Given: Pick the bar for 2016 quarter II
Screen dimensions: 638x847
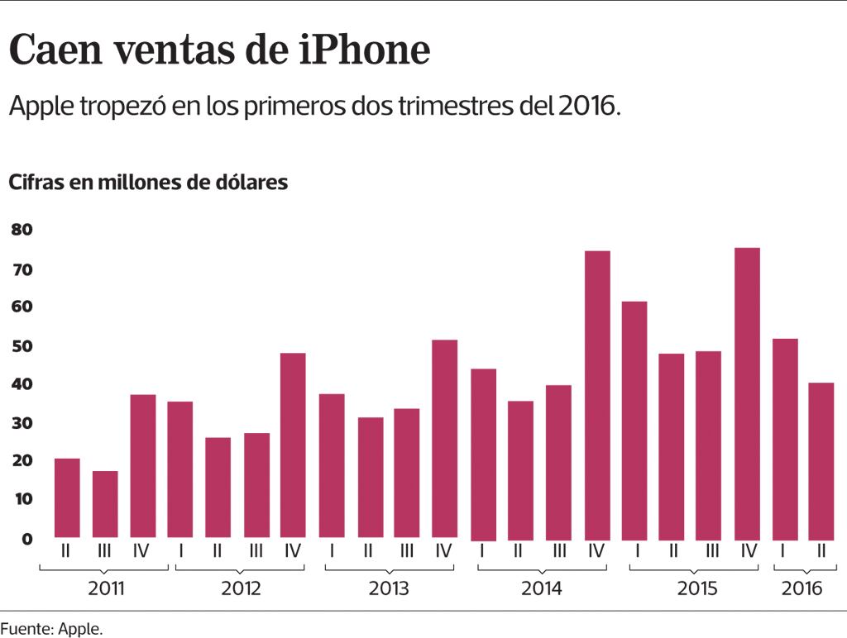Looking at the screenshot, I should point(821,460).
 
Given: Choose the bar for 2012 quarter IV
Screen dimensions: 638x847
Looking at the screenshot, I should point(293,445).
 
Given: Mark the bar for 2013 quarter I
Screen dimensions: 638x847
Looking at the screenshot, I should point(332,465).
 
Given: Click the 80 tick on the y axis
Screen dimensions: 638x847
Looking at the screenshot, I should point(22,230).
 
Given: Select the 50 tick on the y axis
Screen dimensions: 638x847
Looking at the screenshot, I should point(22,345).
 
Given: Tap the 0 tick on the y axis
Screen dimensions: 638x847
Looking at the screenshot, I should point(26,539).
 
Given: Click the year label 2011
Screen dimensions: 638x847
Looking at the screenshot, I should point(105,589).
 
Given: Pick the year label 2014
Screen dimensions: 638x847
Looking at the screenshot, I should point(542,589).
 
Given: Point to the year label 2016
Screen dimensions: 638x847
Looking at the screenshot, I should point(802,589).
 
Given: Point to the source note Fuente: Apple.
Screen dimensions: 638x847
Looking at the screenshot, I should point(51,629).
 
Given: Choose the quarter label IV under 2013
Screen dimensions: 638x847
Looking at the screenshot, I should point(443,550).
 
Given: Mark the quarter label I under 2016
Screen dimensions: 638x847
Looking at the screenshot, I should point(783,550).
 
